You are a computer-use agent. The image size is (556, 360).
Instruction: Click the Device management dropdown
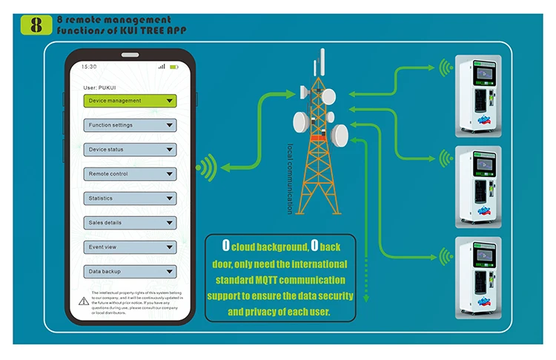[130, 101]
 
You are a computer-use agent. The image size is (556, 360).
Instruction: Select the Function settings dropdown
[130, 125]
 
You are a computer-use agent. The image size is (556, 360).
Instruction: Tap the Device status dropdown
[130, 150]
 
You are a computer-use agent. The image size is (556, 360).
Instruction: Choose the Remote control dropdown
[130, 174]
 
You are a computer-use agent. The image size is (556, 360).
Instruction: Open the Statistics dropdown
[130, 199]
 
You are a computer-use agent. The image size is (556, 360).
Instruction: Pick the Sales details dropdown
[130, 223]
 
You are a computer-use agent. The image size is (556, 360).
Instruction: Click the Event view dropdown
[130, 247]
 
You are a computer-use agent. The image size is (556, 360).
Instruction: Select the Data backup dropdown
[130, 272]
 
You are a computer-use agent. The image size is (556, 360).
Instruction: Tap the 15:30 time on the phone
[89, 67]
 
